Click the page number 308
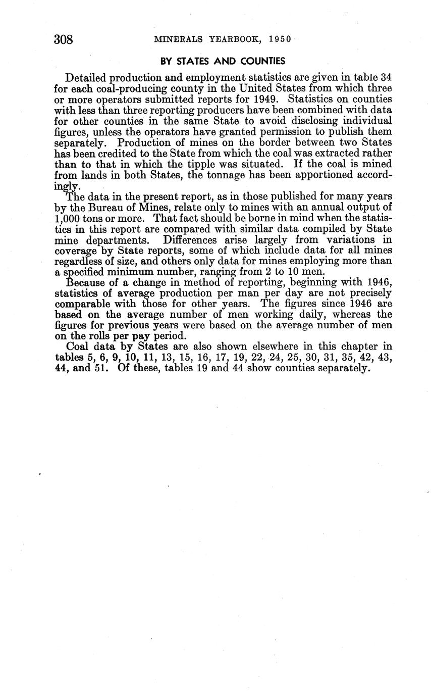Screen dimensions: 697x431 pyautogui.click(x=64, y=39)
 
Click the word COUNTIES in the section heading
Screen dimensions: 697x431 pyautogui.click(x=260, y=61)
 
